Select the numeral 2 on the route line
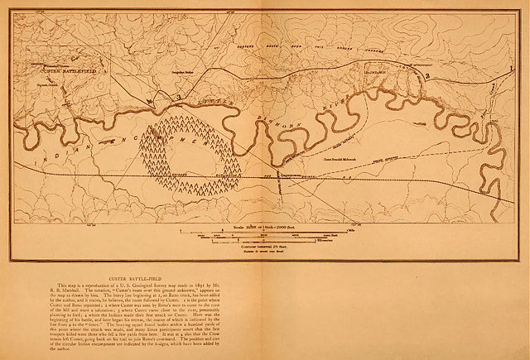[x=427, y=76]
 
